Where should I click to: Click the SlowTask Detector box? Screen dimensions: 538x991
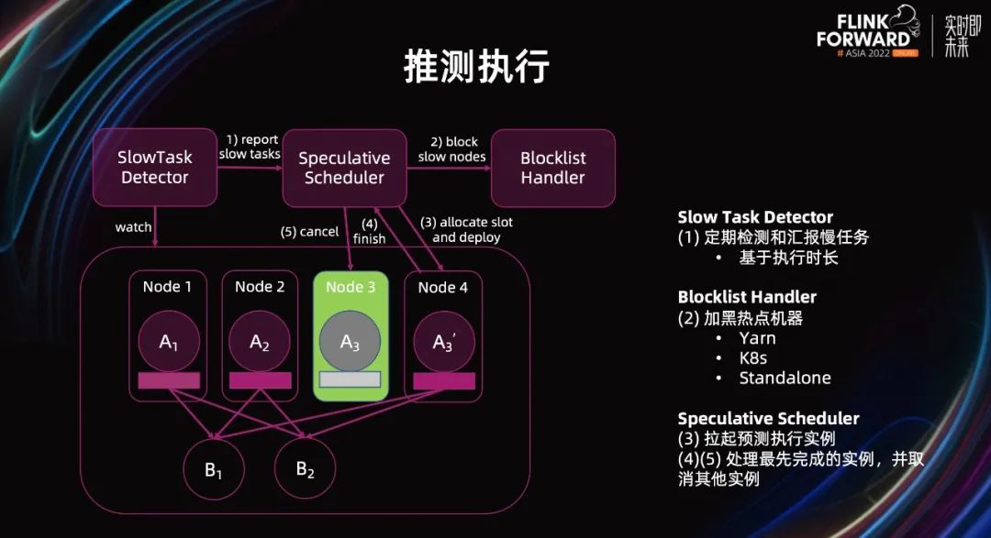click(x=154, y=168)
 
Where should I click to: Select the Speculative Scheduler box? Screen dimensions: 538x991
click(x=344, y=168)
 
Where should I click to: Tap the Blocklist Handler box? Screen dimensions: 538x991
click(x=552, y=168)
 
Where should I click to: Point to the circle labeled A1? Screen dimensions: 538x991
click(x=168, y=342)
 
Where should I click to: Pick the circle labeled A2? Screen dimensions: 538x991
click(x=260, y=342)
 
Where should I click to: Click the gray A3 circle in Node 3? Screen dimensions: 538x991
click(x=350, y=342)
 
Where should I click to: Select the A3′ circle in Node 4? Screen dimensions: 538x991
click(x=443, y=342)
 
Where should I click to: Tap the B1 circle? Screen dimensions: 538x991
click(x=214, y=470)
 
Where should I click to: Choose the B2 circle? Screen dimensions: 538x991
click(x=305, y=470)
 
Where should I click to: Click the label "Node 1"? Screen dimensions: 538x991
click(x=168, y=287)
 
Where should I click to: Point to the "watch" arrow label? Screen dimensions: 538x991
click(x=133, y=226)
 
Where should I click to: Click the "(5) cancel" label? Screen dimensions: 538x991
click(x=309, y=232)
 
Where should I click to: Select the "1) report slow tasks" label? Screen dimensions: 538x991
click(x=250, y=147)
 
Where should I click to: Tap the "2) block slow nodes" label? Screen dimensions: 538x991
click(x=452, y=148)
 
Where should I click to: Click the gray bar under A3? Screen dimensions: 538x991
click(x=350, y=379)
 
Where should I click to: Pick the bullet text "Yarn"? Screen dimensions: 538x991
click(x=757, y=337)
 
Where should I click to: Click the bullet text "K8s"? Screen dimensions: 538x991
click(x=752, y=357)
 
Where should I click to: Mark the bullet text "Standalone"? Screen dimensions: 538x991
click(x=785, y=378)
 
